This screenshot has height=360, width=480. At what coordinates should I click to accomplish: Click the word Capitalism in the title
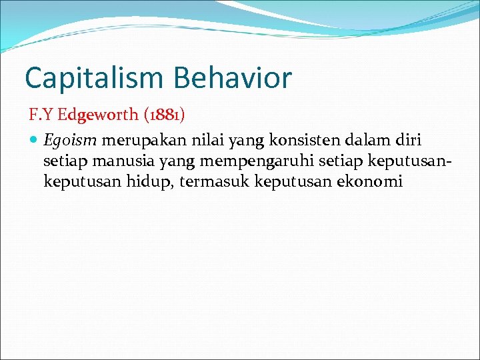(94, 77)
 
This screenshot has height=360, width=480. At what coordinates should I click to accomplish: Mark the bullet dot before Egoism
(34, 141)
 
